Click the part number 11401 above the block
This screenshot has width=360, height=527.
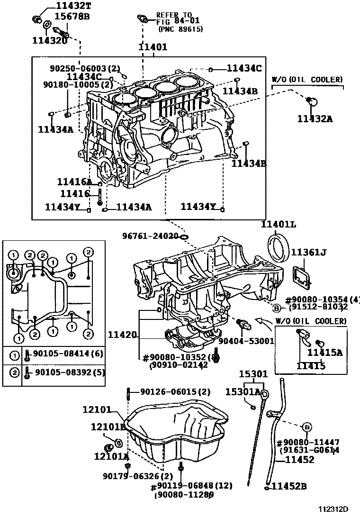click(153, 47)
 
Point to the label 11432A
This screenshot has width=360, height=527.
click(315, 119)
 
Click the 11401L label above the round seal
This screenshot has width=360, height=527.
click(279, 225)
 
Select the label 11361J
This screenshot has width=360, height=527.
click(308, 253)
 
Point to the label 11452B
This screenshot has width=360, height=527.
click(290, 486)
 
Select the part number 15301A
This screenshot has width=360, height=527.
click(243, 391)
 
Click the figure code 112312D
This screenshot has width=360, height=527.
click(333, 509)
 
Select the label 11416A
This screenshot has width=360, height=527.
click(74, 182)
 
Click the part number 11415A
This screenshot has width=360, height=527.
click(325, 352)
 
